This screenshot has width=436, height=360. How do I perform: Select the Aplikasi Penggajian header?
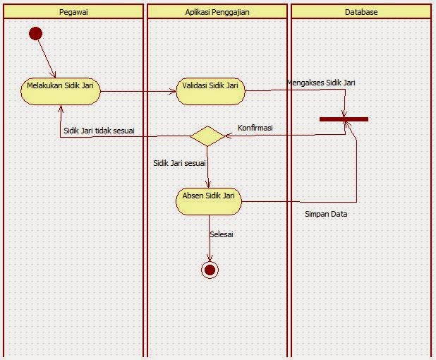(217, 12)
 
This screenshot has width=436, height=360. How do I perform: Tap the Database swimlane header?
(361, 12)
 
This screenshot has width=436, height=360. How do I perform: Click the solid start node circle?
(35, 33)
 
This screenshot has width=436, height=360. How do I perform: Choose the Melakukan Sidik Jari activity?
(60, 90)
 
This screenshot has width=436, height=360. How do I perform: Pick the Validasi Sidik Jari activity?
(210, 90)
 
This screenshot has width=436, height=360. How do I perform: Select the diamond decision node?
(208, 136)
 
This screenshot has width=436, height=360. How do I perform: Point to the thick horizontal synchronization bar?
(344, 119)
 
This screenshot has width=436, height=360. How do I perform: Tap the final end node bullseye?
(209, 269)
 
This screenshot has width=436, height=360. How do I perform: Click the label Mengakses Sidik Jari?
(321, 83)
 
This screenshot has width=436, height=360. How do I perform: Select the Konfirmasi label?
(255, 128)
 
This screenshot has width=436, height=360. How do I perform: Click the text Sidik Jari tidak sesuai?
(99, 131)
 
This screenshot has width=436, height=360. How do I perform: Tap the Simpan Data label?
(326, 213)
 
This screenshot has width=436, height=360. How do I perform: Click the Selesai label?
(222, 234)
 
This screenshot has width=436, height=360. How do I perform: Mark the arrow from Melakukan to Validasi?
(138, 90)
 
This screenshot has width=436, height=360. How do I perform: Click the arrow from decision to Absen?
(209, 167)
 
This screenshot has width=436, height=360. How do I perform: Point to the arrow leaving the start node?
(46, 55)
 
